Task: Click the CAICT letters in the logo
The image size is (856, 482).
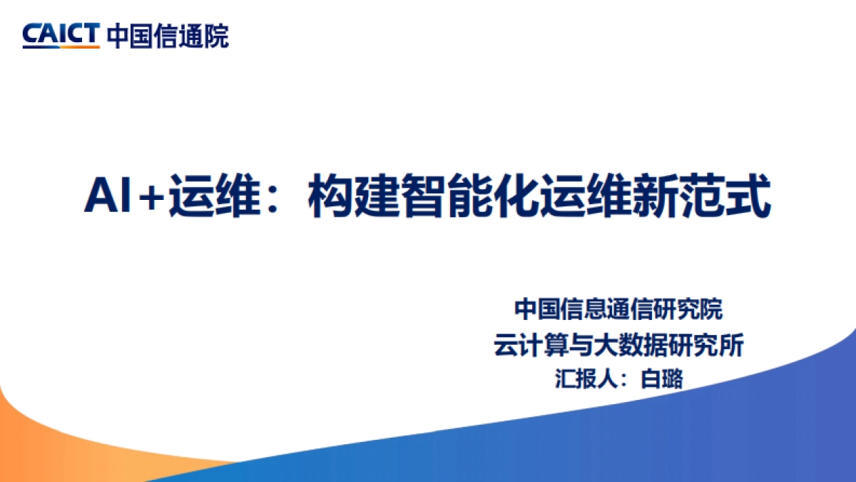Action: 61,33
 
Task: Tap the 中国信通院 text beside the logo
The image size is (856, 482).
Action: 168,35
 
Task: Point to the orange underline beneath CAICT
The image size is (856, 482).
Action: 61,46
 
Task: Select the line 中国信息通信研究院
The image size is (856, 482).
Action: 618,310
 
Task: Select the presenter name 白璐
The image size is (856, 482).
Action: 662,378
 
